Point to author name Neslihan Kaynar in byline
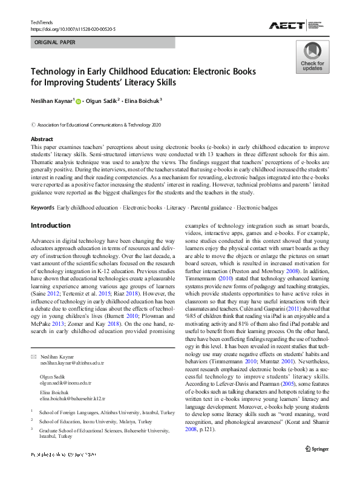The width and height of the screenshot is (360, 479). click(x=51, y=101)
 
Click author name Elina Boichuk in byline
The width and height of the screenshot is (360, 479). click(x=142, y=101)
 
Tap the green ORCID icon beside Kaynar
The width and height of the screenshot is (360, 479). click(x=78, y=102)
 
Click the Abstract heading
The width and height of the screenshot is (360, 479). click(x=42, y=139)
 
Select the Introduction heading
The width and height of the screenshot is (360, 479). click(x=51, y=225)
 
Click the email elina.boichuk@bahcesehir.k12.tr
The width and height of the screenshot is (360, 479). click(x=73, y=399)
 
